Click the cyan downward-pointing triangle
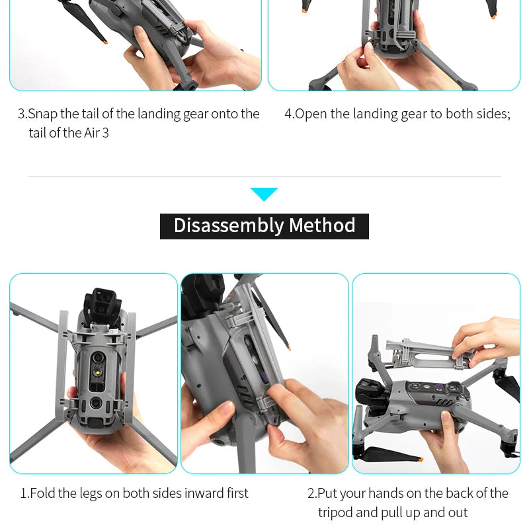point(264,193)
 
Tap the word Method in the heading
point(322,225)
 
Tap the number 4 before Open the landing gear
point(288,114)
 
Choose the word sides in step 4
point(491,114)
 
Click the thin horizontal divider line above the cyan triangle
point(264,177)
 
